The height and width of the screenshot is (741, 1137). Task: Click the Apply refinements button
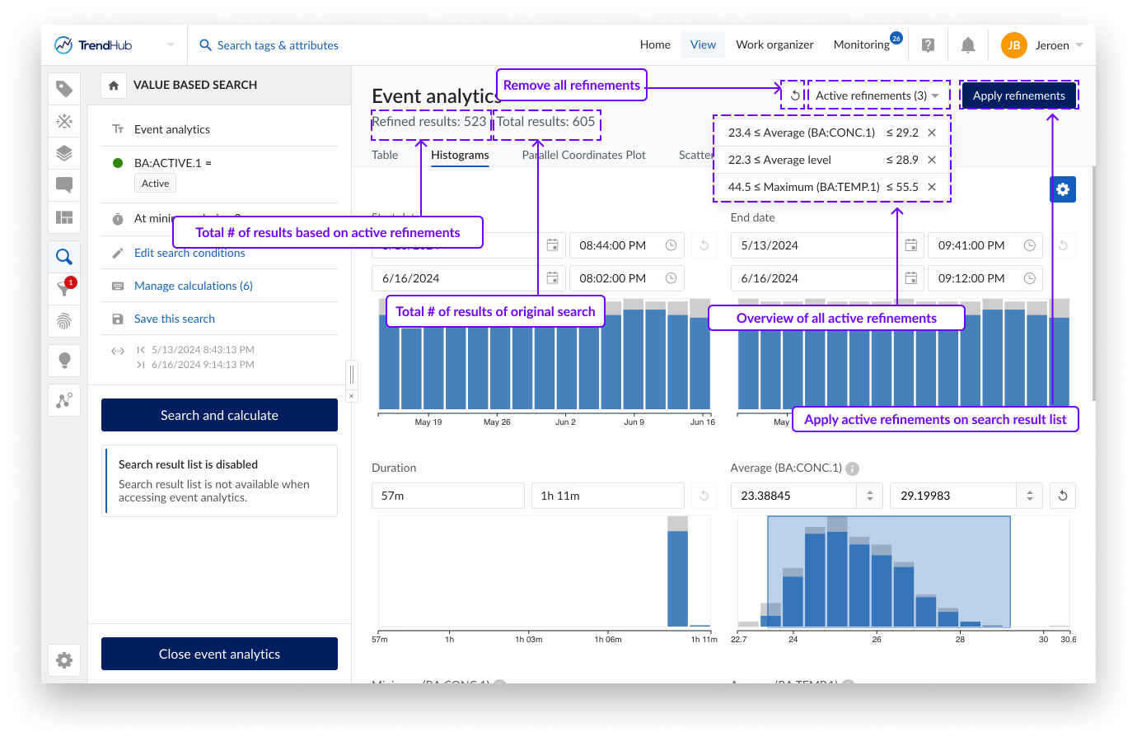tap(1018, 96)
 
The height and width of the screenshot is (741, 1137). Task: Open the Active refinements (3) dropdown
tap(877, 96)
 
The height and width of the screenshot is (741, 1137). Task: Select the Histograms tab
tap(460, 155)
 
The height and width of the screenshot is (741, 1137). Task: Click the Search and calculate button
tap(219, 415)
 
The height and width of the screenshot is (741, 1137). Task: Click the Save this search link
tap(174, 319)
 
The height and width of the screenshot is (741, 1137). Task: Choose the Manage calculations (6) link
tap(193, 286)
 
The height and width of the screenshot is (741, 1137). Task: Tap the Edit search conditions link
tap(189, 254)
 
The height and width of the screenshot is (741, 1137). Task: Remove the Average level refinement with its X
tap(932, 160)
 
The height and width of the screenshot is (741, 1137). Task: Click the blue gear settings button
tap(1063, 189)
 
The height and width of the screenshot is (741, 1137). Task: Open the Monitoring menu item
tap(861, 44)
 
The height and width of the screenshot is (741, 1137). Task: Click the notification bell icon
tap(968, 45)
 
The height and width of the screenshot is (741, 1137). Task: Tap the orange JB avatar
tap(1013, 45)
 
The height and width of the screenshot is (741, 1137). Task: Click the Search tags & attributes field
tap(278, 45)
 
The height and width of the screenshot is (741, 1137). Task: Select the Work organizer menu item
tap(774, 44)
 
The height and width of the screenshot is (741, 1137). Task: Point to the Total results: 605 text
tap(545, 122)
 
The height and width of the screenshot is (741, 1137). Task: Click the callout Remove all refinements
tap(571, 85)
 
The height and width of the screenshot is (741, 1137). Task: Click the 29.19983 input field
tap(953, 496)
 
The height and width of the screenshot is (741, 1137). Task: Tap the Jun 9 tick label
tap(634, 422)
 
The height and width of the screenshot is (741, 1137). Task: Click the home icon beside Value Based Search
tap(114, 85)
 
